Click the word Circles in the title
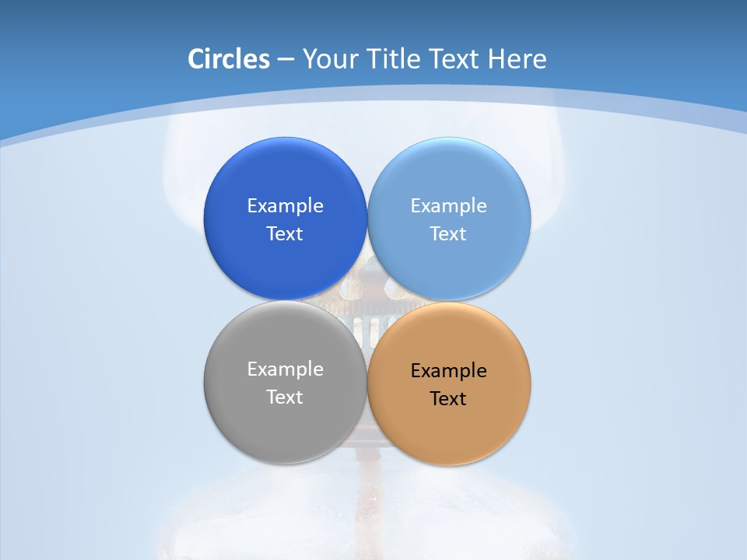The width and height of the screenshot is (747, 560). click(x=229, y=59)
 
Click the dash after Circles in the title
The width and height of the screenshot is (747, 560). click(x=286, y=60)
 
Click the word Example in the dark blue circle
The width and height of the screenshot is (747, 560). click(x=285, y=206)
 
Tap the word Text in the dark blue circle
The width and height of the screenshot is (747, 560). click(x=285, y=234)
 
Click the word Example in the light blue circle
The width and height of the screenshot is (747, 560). click(x=448, y=206)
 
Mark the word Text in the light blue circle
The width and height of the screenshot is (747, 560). click(x=448, y=234)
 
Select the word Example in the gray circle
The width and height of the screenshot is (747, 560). click(x=285, y=369)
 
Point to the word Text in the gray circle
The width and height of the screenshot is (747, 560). click(x=285, y=397)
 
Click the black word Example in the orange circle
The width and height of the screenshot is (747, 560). click(x=448, y=371)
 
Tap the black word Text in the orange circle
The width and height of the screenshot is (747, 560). click(x=448, y=399)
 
